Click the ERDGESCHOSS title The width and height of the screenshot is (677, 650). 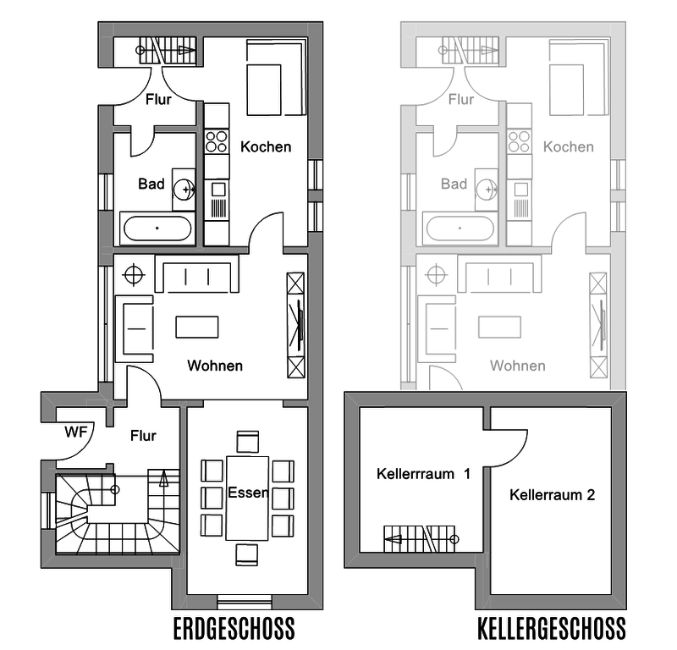(234, 628)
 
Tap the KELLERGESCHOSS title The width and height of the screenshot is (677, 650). (552, 628)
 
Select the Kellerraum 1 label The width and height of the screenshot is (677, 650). (423, 474)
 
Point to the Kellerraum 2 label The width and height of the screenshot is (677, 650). (553, 494)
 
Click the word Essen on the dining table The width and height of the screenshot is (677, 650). (248, 493)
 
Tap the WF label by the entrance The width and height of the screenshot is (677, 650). (75, 432)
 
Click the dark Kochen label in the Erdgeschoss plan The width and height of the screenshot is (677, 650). (266, 147)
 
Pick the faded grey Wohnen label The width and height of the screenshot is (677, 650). (517, 366)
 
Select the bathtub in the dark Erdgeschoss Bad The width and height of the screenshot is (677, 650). (157, 228)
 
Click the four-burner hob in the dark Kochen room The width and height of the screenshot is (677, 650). (217, 141)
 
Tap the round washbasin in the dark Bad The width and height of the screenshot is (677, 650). (184, 190)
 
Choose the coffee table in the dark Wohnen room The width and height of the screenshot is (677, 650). (197, 327)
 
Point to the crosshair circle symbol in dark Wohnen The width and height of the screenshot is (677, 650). (134, 275)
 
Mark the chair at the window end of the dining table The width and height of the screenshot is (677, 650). (247, 554)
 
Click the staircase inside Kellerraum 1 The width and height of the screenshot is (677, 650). (420, 538)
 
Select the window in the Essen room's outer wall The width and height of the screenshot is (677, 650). (245, 602)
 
